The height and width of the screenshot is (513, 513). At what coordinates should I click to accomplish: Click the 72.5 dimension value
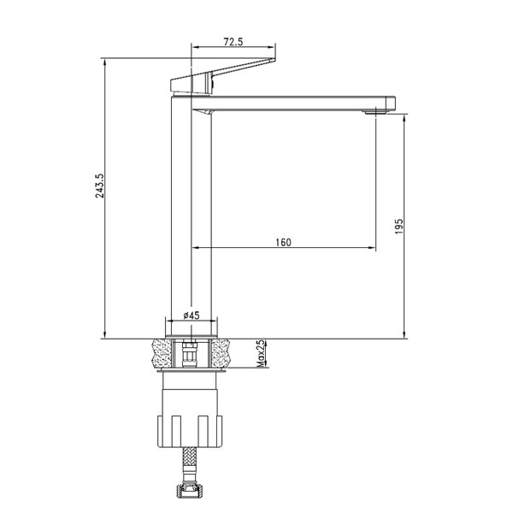pyautogui.click(x=233, y=42)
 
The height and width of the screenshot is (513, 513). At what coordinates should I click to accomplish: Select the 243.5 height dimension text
pyautogui.click(x=100, y=186)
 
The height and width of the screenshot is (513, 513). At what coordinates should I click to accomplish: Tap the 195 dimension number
pyautogui.click(x=399, y=227)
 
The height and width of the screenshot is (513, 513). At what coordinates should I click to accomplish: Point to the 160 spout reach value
pyautogui.click(x=283, y=243)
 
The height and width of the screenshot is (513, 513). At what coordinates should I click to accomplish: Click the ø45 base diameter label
pyautogui.click(x=192, y=315)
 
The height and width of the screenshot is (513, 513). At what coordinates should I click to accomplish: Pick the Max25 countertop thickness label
pyautogui.click(x=261, y=353)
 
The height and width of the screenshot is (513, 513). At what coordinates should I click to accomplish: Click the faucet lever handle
pyautogui.click(x=222, y=77)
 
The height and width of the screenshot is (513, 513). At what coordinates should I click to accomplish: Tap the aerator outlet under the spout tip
pyautogui.click(x=376, y=112)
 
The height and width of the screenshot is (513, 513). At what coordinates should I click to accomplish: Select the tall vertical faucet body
pyautogui.click(x=192, y=216)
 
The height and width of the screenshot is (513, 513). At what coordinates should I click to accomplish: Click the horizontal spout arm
pyautogui.click(x=294, y=103)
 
